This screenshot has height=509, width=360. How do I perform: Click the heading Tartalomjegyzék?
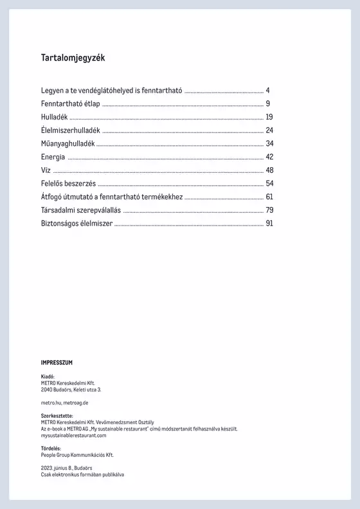click(73, 58)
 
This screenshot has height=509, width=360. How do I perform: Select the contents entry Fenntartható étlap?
click(70, 103)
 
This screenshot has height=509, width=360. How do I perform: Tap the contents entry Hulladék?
click(54, 117)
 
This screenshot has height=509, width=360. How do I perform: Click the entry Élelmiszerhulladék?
click(70, 130)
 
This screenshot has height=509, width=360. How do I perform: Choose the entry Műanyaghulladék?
click(67, 143)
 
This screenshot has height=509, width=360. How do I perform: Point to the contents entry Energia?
click(53, 157)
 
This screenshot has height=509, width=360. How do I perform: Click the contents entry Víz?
click(46, 170)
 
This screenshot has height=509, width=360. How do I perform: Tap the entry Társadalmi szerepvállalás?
click(80, 210)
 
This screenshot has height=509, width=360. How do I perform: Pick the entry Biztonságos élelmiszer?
click(76, 224)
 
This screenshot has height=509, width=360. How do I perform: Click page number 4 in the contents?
click(267, 90)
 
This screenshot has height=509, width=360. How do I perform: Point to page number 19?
click(269, 117)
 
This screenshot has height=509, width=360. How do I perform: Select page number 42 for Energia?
click(269, 157)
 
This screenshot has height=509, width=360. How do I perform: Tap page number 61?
click(269, 197)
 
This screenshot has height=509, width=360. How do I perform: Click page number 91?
click(269, 224)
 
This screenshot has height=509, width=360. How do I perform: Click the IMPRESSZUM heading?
click(57, 362)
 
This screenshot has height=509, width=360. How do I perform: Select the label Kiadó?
click(48, 377)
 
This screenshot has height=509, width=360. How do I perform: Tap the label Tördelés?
click(51, 448)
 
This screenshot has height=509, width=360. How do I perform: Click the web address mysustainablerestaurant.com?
click(73, 435)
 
